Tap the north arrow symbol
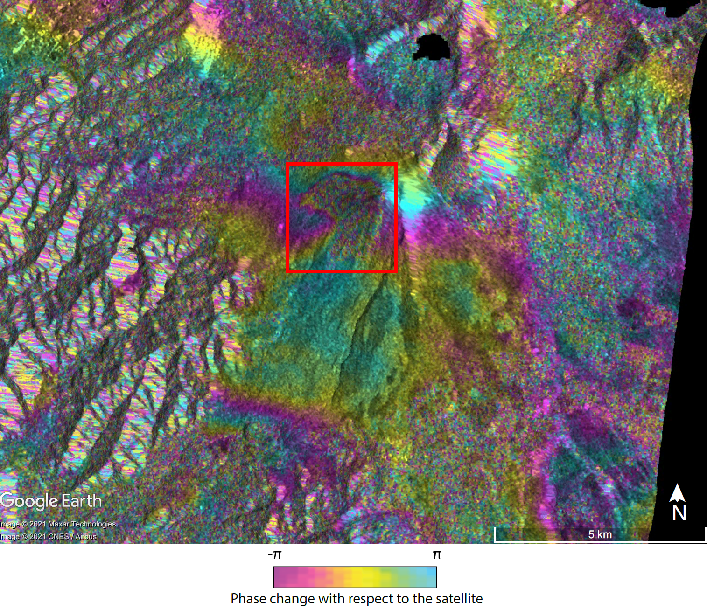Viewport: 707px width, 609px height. point(678,493)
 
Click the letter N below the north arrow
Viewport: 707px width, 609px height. point(679,513)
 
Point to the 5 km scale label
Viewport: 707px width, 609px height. point(600,534)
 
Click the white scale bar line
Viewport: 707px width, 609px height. point(600,542)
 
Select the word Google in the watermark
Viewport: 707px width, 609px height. point(29,501)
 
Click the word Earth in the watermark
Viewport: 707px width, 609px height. point(82,501)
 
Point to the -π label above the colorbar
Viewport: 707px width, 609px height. point(275,555)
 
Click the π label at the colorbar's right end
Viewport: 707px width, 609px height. point(437,555)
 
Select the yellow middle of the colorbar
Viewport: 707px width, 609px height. point(356,577)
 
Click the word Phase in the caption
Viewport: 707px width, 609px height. point(247,598)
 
